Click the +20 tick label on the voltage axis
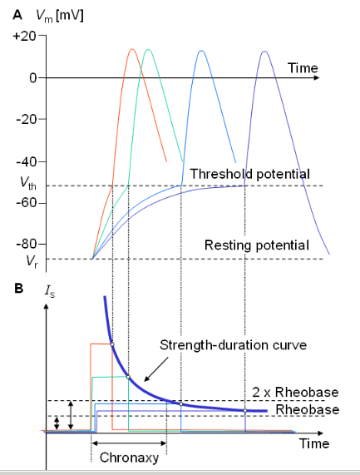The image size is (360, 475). [24, 36]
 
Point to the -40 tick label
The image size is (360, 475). [27, 161]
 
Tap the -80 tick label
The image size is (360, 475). [27, 244]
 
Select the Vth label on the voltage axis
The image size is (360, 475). [28, 183]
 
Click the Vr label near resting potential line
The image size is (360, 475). [32, 261]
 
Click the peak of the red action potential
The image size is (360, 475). [132, 49]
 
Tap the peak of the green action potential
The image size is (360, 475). [148, 49]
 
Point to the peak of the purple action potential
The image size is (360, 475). [264, 52]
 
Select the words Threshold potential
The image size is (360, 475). [249, 174]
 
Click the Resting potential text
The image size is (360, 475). [257, 245]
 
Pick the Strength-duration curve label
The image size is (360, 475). [233, 345]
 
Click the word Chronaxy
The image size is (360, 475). [130, 458]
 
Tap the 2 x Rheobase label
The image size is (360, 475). [295, 392]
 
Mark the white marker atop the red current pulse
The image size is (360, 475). [112, 344]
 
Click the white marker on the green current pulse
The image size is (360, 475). [128, 377]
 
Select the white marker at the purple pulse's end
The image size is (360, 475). [245, 410]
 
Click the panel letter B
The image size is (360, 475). [18, 288]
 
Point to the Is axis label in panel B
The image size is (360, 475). [50, 291]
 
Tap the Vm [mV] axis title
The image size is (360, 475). [60, 15]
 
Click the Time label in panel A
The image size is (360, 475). [303, 68]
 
